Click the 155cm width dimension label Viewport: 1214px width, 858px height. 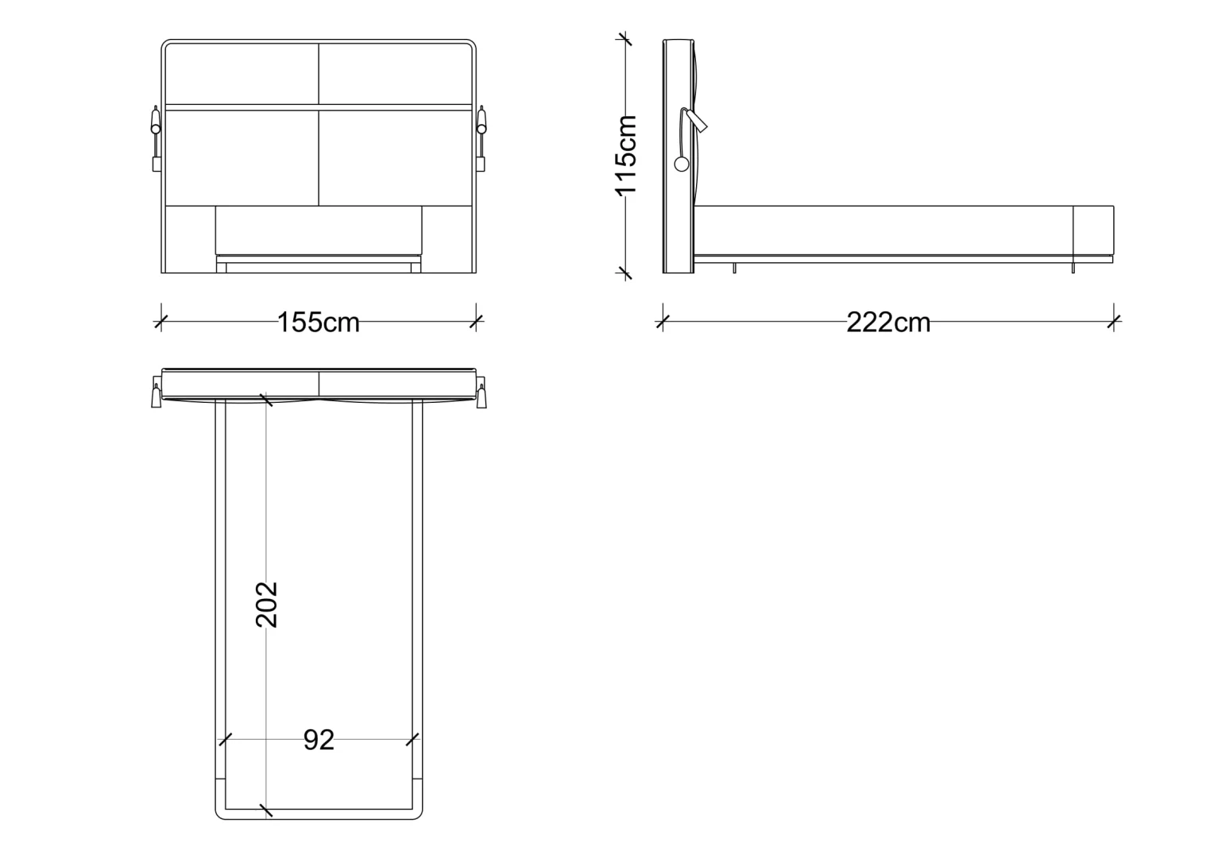click(x=318, y=323)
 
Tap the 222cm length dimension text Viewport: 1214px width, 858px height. click(x=888, y=323)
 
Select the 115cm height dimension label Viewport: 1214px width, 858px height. click(x=625, y=156)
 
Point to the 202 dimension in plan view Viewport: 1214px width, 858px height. click(x=267, y=605)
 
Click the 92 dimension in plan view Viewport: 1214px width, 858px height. click(x=319, y=740)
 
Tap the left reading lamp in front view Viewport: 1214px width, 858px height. click(x=156, y=139)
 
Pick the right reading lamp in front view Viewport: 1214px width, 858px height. click(x=481, y=139)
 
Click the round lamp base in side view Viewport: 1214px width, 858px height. click(x=681, y=164)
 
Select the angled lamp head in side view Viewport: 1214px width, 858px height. click(x=697, y=121)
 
